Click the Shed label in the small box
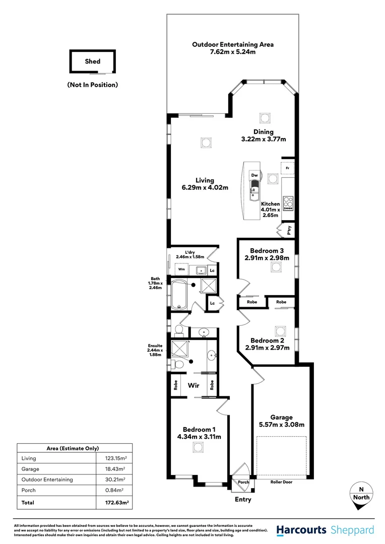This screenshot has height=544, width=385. coord(93,61)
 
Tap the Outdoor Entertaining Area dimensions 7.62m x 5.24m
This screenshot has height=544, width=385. coord(233,52)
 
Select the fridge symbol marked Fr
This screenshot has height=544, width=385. coord(287,167)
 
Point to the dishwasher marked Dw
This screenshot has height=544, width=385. coord(255,175)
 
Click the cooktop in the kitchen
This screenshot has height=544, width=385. coord(289,202)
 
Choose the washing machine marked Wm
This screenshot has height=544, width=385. coord(181,269)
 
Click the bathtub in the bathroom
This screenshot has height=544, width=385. coord(179,295)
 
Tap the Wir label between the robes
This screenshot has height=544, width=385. coord(194,385)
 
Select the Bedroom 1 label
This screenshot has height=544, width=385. coord(199,429)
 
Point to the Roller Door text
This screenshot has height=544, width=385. coord(281,482)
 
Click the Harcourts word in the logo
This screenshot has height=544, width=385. coord(302,530)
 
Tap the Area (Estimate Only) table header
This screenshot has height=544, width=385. coord(75,448)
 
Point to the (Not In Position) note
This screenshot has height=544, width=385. coord(93,85)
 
